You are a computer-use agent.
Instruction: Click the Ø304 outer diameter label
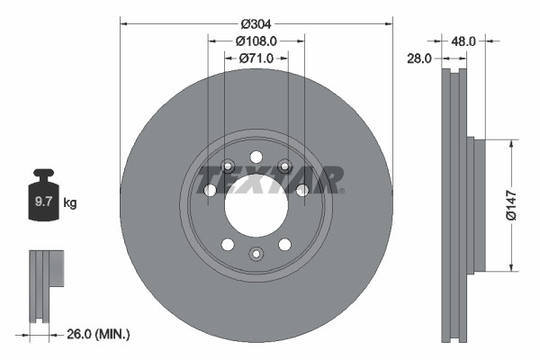pos(257,22)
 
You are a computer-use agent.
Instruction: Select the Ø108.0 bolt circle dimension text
pos(256,40)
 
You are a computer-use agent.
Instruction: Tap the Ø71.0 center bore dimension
pos(256,58)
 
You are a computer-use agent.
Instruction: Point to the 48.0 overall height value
pos(463,40)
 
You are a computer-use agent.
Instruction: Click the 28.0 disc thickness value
pos(420,58)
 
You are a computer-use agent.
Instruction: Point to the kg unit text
pos(70,203)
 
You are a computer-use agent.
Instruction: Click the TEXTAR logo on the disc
pos(270,178)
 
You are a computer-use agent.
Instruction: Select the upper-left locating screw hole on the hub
pos(227,165)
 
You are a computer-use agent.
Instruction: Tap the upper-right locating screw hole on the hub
pos(285,165)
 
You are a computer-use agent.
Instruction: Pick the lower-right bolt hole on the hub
pos(285,244)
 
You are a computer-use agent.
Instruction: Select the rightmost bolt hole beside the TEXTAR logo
pos(302,190)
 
